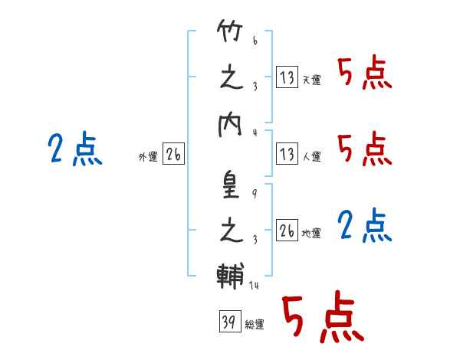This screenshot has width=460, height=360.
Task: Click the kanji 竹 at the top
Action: [x=230, y=31]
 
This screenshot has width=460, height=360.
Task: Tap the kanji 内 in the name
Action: [x=230, y=126]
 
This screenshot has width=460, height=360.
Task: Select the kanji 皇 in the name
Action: [x=231, y=185]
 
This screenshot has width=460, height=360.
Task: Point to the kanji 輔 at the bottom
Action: [x=231, y=276]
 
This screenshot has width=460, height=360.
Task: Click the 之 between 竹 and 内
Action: [x=232, y=78]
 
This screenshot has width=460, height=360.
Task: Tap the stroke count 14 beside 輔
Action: [x=254, y=285]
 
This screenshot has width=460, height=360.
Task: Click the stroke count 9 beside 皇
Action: [x=255, y=194]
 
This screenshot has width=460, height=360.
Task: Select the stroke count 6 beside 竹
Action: [x=255, y=41]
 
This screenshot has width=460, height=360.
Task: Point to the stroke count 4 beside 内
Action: [x=255, y=133]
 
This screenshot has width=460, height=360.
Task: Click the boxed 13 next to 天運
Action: [x=287, y=77]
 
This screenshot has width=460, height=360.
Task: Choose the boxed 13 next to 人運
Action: [x=287, y=154]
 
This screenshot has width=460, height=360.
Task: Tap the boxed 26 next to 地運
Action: [x=287, y=230]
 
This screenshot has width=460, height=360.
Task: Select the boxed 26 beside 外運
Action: [x=173, y=154]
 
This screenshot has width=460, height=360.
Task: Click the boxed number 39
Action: [x=230, y=321]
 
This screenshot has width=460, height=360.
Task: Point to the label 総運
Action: [x=255, y=325]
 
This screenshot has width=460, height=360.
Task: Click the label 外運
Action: [x=148, y=157]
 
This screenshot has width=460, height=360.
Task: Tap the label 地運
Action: [x=311, y=234]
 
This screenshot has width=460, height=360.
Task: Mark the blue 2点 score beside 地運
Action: [x=365, y=226]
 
